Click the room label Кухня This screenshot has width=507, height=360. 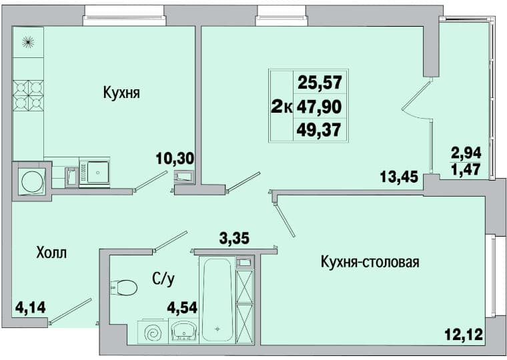[x=121, y=93]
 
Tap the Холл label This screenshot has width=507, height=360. [x=52, y=253]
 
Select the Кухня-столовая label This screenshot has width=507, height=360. [x=370, y=262]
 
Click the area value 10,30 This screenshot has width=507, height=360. [x=175, y=158]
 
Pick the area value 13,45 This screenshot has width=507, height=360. [x=399, y=177]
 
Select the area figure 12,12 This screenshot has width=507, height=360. [x=464, y=334]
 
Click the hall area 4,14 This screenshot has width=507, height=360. [x=31, y=307]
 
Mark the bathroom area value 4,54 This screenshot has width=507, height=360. [x=182, y=307]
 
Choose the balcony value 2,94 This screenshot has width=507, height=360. [x=466, y=152]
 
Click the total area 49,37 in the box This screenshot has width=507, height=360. [x=319, y=130]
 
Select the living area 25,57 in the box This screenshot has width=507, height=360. [x=320, y=82]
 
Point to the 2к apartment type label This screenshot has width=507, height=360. [x=282, y=107]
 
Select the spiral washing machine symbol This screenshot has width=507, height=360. [x=153, y=331]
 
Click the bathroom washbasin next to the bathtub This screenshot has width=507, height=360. [x=183, y=331]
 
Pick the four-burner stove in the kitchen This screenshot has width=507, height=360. [x=28, y=95]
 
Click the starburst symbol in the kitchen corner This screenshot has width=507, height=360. [x=28, y=42]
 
